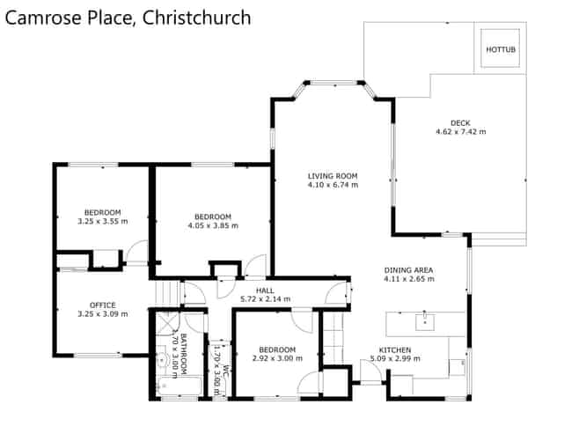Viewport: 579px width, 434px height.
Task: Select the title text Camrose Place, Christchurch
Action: pos(128,18)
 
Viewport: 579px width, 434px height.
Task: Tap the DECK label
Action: pos(460,122)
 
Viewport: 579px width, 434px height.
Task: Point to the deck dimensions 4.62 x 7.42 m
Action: pos(460,132)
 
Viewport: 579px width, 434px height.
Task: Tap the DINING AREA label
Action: pos(408,270)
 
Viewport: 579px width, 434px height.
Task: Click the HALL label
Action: pos(264,291)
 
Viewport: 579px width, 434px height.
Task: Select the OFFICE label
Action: pos(102,305)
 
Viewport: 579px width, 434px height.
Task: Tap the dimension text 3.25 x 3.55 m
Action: pos(102,221)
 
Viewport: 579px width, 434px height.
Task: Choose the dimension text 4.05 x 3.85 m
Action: pos(212,225)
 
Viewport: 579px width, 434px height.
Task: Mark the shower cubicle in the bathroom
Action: pos(165,325)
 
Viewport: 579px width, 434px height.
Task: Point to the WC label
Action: pos(225,371)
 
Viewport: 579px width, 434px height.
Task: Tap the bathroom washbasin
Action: pos(159,360)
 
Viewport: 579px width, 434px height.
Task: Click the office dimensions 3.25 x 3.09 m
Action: pos(102,314)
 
